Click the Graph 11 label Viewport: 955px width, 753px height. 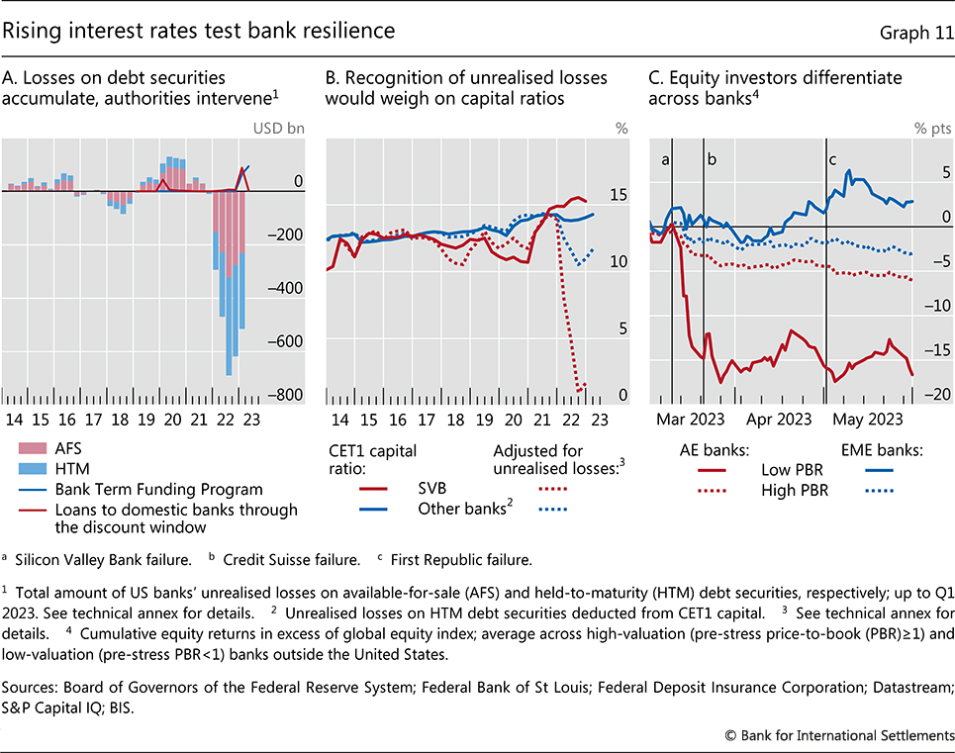(x=915, y=33)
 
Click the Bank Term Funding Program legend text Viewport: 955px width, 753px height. (x=145, y=489)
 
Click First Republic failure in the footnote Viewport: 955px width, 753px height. (x=432, y=561)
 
